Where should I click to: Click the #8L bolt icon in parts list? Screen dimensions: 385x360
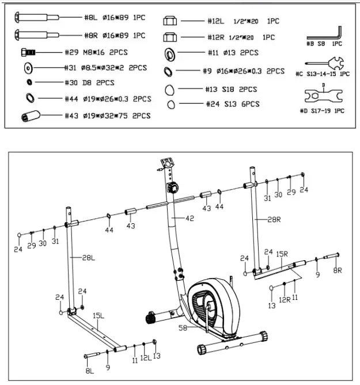[x=36, y=18]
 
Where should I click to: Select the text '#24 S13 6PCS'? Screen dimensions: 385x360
[x=232, y=104]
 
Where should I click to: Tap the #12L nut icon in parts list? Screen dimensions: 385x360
[x=170, y=21]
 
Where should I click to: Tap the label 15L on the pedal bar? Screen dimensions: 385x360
[x=98, y=315]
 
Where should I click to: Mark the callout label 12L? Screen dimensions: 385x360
[x=145, y=358]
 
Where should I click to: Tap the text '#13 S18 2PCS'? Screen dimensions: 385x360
[x=232, y=90]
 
